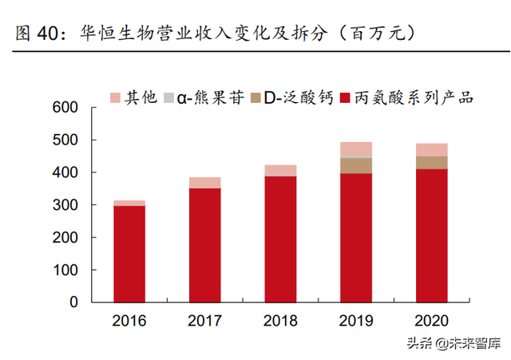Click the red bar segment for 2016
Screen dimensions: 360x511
[129, 254]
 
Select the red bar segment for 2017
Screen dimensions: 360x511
[204, 245]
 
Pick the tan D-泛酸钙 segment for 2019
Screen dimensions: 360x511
[356, 165]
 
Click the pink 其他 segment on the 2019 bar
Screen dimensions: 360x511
[356, 149]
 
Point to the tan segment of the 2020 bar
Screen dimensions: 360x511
[431, 162]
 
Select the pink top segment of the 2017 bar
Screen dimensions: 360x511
[204, 183]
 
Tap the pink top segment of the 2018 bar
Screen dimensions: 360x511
[280, 170]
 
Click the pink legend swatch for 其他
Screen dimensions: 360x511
[115, 97]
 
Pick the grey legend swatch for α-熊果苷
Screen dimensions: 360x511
[169, 97]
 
